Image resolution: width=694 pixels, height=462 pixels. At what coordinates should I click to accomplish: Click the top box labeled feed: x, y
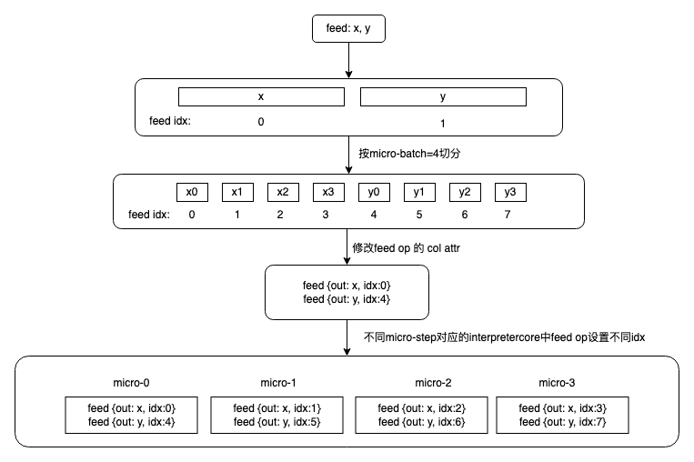click(347, 28)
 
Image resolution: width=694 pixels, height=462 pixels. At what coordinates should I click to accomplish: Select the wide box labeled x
click(261, 96)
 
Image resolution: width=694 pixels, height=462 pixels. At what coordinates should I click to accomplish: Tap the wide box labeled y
click(443, 96)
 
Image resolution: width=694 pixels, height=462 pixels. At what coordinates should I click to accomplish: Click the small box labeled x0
click(192, 192)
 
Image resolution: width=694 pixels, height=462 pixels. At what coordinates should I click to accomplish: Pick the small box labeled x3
click(328, 192)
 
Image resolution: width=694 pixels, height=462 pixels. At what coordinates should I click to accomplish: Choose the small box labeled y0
click(374, 192)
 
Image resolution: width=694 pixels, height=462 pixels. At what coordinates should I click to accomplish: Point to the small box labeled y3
click(510, 192)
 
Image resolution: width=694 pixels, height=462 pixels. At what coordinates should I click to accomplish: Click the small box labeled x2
click(283, 192)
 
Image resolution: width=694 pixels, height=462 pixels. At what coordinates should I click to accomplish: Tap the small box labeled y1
click(419, 192)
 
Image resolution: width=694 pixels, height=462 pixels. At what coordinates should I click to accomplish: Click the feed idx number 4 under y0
click(374, 216)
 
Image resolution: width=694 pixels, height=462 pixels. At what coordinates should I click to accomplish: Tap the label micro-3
click(558, 382)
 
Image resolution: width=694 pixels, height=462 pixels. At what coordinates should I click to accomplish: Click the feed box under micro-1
click(277, 415)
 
